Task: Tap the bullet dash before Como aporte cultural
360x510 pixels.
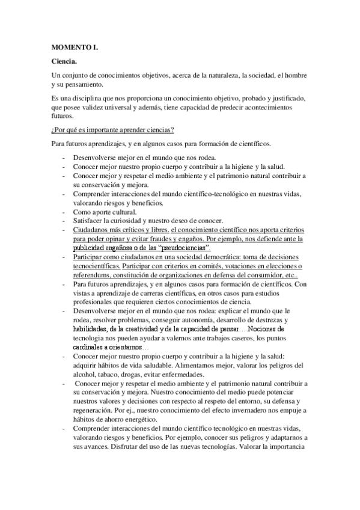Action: (64, 212)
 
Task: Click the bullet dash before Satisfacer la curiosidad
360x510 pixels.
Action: (64, 221)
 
